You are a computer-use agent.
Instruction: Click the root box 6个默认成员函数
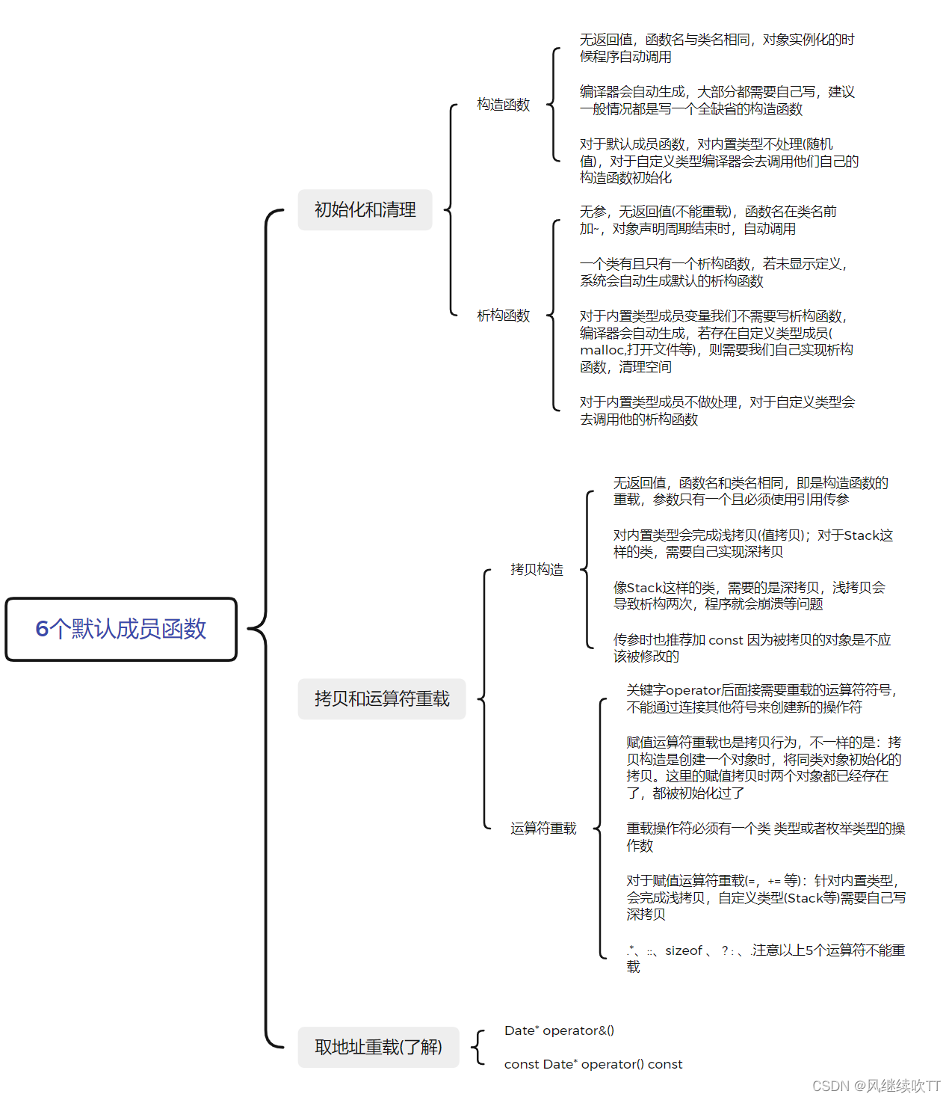(x=121, y=629)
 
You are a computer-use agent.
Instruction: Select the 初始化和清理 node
(x=365, y=210)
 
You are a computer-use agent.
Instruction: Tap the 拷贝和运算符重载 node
(x=382, y=699)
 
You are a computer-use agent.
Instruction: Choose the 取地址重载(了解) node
(x=378, y=1047)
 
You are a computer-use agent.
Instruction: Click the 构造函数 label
(x=503, y=105)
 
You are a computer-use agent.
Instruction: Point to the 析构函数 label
(x=503, y=316)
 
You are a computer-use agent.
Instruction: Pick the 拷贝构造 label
(x=537, y=570)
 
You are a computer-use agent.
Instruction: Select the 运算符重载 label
(x=543, y=829)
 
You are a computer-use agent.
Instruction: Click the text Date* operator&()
(x=559, y=1030)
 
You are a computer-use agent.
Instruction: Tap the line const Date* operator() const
(x=593, y=1064)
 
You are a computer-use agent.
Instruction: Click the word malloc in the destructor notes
(x=602, y=350)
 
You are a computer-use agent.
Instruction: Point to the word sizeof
(x=684, y=950)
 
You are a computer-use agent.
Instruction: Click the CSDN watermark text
(x=876, y=1086)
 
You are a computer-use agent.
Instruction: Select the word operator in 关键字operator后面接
(x=693, y=690)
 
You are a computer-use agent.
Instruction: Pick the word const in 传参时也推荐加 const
(x=726, y=640)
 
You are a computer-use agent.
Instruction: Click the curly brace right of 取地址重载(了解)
(x=478, y=1047)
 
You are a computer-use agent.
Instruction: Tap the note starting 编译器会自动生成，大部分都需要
(x=717, y=100)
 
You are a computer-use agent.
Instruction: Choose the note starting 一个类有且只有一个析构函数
(x=713, y=272)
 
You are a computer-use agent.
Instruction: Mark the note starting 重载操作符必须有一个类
(x=765, y=837)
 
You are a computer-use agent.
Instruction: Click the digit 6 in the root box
(x=42, y=629)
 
